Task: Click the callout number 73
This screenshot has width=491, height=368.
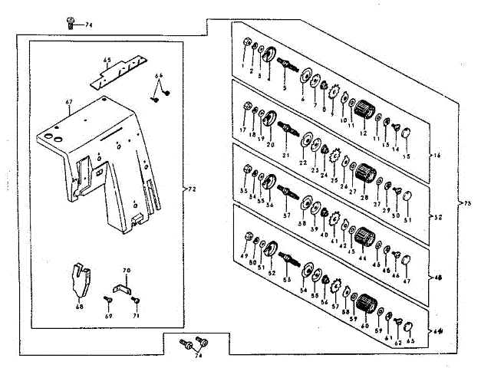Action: pos(468,204)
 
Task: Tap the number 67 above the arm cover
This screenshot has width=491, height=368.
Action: pos(68,101)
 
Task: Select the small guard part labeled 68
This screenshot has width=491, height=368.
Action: pos(79,278)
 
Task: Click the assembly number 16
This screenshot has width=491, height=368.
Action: pos(437,156)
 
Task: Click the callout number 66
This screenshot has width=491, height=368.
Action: pos(160,76)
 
